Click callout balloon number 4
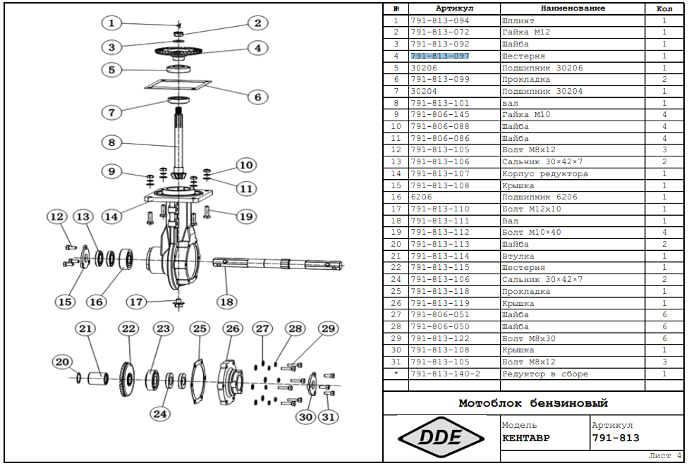[258, 48]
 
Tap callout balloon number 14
[111, 216]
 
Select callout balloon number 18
[227, 302]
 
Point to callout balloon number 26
[233, 328]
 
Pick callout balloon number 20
[62, 362]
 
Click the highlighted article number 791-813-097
[440, 56]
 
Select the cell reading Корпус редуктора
[545, 173]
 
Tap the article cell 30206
[424, 68]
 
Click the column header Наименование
[573, 8]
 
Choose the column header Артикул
[454, 8]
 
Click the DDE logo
[441, 437]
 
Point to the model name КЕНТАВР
[526, 438]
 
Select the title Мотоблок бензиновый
[533, 403]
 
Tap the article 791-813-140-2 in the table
[446, 374]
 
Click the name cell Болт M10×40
[532, 232]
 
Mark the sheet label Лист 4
[665, 456]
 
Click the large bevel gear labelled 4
[178, 52]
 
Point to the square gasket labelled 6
[178, 84]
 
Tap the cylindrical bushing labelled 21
[98, 378]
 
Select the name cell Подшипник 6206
[539, 197]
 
